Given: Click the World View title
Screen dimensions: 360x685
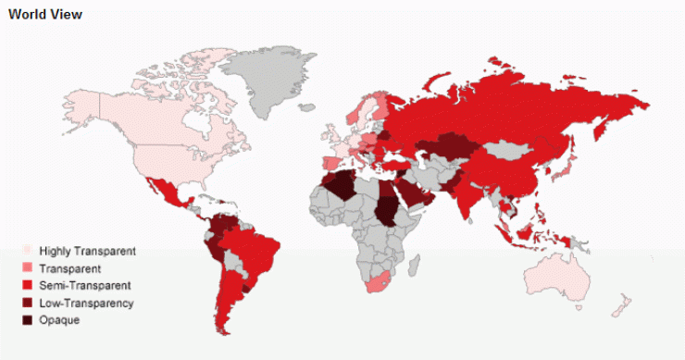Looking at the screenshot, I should pos(44,15).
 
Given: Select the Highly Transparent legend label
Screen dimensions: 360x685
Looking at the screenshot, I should pos(87,252).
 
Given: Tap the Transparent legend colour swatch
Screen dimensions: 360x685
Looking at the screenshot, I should pos(27,268).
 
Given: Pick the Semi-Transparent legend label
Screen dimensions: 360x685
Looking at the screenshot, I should pos(84,286).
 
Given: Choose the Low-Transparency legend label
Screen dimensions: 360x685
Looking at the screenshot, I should pos(86,304).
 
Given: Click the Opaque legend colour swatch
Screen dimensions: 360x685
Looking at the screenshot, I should pos(27,320).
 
